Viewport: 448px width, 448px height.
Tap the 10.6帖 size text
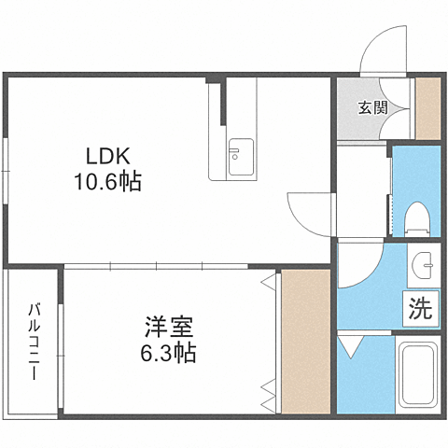[x=108, y=182]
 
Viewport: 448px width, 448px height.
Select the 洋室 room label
[x=169, y=329]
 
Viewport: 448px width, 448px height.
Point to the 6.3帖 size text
[x=169, y=354]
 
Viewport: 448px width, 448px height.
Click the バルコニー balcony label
[x=33, y=341]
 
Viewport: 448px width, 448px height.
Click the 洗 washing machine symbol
[x=420, y=310]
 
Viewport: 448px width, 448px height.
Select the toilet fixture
[x=417, y=217]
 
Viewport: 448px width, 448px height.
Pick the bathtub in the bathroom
[x=419, y=378]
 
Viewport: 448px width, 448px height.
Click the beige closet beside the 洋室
[x=305, y=341]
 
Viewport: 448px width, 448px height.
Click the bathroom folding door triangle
[x=353, y=348]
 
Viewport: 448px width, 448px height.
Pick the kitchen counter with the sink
[x=241, y=131]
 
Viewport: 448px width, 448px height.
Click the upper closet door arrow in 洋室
[x=270, y=280]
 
